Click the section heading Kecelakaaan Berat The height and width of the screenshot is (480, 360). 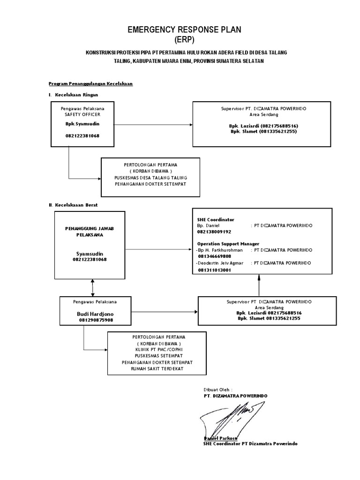tap(76, 205)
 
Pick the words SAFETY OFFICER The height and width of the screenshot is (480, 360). tap(82, 114)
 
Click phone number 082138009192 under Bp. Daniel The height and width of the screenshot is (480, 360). tap(214, 232)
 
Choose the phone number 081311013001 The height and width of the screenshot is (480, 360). tap(214, 270)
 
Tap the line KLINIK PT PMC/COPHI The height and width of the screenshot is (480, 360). tap(157, 350)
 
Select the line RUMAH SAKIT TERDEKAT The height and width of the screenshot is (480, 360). tap(157, 369)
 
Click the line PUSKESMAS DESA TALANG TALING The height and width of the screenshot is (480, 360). tap(150, 178)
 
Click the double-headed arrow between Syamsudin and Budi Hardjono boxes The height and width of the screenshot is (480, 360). tap(92, 287)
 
